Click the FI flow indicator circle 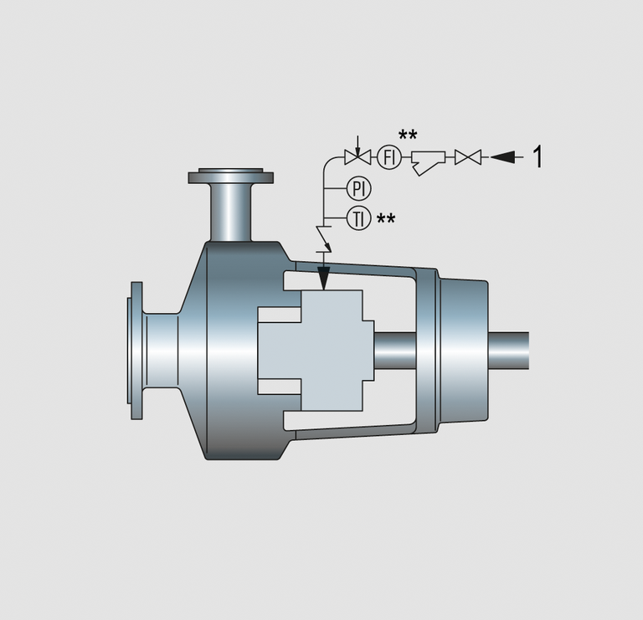(x=388, y=157)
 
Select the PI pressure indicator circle (x=359, y=189)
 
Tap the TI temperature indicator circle (x=359, y=218)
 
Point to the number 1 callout (x=538, y=156)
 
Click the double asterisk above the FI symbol (x=408, y=135)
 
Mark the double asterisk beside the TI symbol (x=386, y=219)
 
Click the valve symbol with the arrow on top (x=358, y=152)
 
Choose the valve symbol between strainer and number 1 (x=468, y=157)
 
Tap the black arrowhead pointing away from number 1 (x=502, y=157)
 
